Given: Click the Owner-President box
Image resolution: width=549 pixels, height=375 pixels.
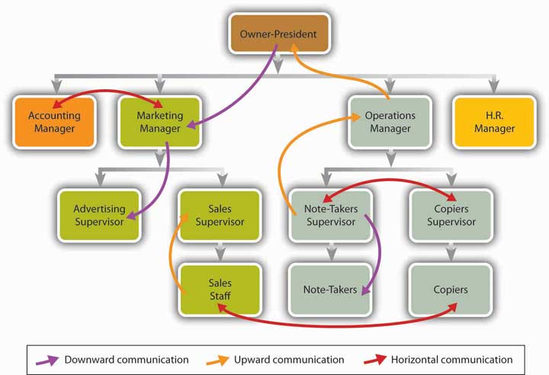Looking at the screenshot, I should [x=278, y=35].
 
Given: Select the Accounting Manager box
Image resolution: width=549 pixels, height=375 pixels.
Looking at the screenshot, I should [x=54, y=121].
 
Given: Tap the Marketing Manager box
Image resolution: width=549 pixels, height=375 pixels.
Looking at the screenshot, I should [x=159, y=121].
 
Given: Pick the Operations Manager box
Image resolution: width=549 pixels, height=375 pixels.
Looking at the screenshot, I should [x=390, y=121].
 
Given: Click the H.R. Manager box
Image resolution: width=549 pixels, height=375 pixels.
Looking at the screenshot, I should [x=494, y=121].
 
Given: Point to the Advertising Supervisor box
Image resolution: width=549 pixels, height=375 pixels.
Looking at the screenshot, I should [x=99, y=215].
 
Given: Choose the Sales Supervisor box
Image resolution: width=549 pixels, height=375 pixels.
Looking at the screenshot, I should [x=220, y=215].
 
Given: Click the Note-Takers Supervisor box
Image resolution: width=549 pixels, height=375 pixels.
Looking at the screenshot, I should [x=331, y=215].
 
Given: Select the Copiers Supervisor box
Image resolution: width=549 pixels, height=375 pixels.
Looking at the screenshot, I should [x=451, y=215].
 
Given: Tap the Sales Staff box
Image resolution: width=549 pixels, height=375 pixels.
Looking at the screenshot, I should [x=220, y=289].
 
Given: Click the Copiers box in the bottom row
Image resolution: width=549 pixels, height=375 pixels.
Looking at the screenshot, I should [x=451, y=290].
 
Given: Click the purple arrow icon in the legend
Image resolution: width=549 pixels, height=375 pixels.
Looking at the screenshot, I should [x=48, y=359].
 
